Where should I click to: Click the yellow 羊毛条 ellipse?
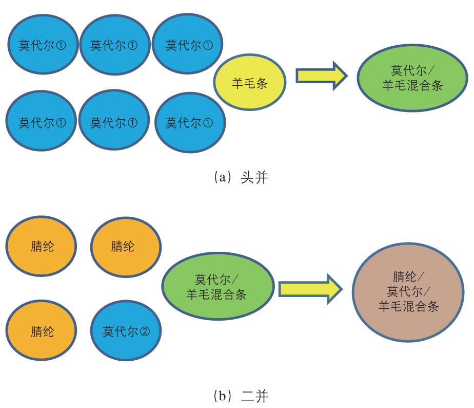pyautogui.click(x=250, y=83)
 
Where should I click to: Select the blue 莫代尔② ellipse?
pyautogui.click(x=126, y=331)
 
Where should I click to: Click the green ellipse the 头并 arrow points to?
pyautogui.click(x=412, y=78)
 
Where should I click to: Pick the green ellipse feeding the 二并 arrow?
pyautogui.click(x=218, y=287)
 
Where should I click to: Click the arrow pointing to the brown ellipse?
pyautogui.click(x=310, y=288)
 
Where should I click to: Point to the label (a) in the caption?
pyautogui.click(x=221, y=178)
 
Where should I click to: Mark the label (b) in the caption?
pyautogui.click(x=221, y=396)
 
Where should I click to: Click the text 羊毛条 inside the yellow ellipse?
pyautogui.click(x=250, y=83)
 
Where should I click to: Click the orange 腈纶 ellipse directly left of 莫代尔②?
pyautogui.click(x=42, y=331)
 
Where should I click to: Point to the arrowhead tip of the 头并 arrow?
pyautogui.click(x=347, y=76)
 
